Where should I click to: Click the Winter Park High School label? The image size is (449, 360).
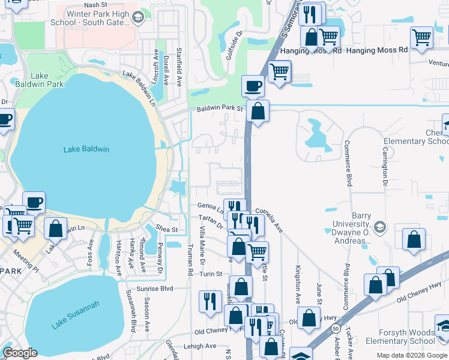[x=98, y=18]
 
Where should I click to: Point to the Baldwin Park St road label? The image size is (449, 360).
[x=220, y=109]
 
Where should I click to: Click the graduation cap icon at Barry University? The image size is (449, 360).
[x=379, y=227]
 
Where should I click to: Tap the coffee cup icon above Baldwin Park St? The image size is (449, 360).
[x=253, y=85]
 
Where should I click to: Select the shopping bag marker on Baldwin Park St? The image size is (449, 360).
[x=258, y=111]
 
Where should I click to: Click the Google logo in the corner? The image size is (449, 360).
[x=20, y=353]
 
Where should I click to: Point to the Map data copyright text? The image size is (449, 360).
[x=411, y=355]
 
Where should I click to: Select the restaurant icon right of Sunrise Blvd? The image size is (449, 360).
[x=209, y=301]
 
